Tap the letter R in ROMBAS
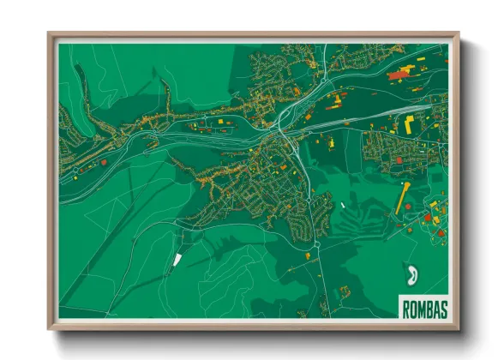[405, 307]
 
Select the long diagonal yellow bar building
[403, 198]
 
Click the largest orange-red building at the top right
[398, 75]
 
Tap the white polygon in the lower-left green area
[177, 257]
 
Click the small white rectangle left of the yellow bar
[341, 204]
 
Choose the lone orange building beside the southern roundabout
[307, 254]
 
